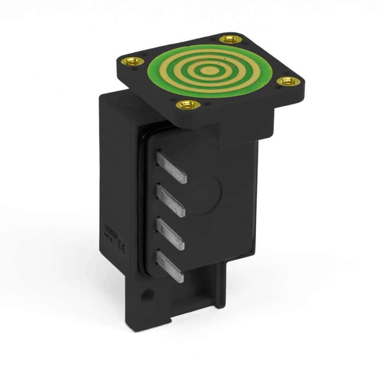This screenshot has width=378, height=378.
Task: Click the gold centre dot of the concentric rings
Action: [x=206, y=70]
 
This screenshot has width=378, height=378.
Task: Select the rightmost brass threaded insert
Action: [x=288, y=81]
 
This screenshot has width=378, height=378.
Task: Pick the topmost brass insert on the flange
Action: [x=231, y=39]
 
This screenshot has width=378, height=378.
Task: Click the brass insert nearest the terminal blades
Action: [x=189, y=105]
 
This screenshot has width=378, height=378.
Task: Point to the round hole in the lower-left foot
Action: [x=145, y=294]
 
